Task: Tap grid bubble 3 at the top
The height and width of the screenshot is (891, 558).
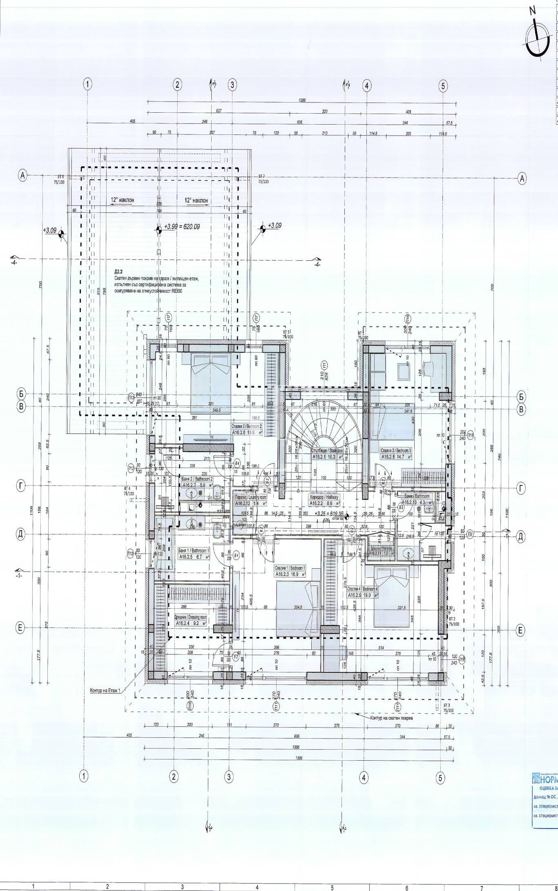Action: coord(232,85)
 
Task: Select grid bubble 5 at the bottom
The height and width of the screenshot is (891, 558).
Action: coord(440,778)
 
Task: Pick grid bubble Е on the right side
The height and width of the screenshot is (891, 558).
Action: coord(520,631)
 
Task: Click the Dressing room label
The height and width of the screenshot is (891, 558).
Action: coord(191,620)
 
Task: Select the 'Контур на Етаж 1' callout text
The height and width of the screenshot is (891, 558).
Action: coord(107,691)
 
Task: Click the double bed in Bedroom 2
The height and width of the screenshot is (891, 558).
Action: coord(211,383)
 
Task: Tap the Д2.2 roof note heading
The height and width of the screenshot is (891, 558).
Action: coord(119,271)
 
